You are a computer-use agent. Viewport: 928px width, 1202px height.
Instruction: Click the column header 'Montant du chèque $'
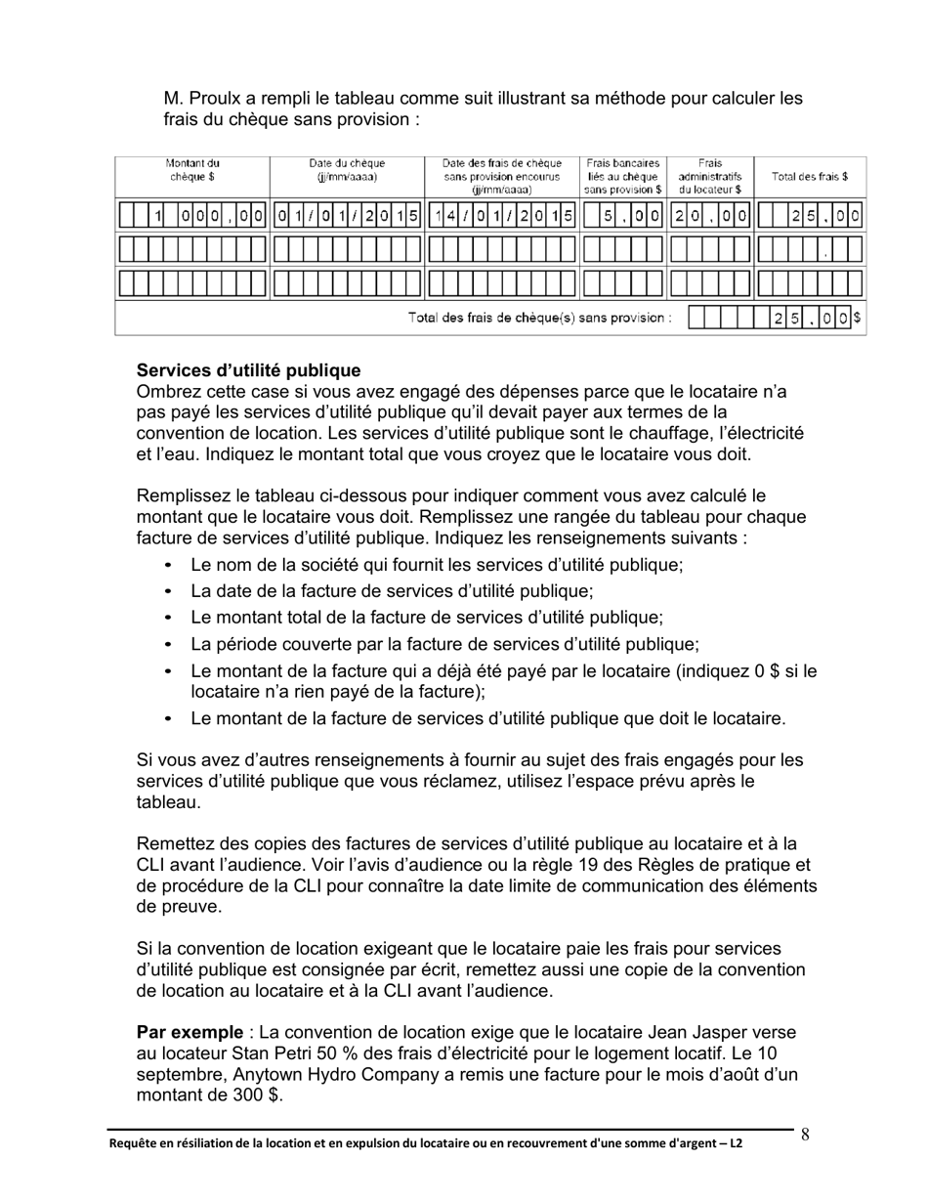pos(191,170)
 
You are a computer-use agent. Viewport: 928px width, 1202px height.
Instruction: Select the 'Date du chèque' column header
pos(347,170)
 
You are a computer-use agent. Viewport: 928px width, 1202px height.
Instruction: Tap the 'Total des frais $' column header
pos(809,177)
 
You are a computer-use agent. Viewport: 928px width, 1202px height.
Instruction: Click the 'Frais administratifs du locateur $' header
pos(710,176)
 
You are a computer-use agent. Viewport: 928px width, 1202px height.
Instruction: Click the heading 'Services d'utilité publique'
pos(248,371)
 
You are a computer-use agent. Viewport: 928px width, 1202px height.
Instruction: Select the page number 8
pos(805,1135)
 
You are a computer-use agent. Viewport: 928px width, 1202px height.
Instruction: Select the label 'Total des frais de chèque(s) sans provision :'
pos(539,319)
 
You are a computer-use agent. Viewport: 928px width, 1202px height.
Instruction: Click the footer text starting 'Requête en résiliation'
pos(425,1142)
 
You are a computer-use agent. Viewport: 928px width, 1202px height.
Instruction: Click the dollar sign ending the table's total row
pos(857,318)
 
